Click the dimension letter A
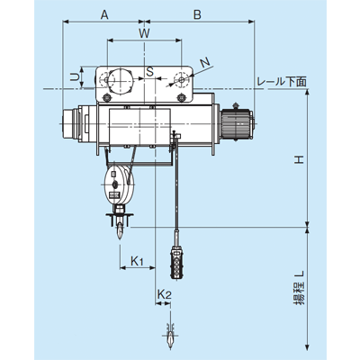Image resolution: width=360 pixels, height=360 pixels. point(104,14)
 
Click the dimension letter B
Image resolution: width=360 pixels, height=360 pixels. point(197,14)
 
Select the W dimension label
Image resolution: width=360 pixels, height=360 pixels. point(144,33)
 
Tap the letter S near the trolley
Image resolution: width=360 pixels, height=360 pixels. point(149,72)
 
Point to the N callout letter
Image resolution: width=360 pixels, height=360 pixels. point(205,62)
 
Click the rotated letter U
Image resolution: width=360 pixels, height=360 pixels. point(75,77)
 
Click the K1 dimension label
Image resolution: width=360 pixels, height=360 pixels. point(137,261)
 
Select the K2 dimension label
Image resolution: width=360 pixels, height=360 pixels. point(164,294)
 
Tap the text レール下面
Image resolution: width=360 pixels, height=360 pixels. point(282,82)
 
